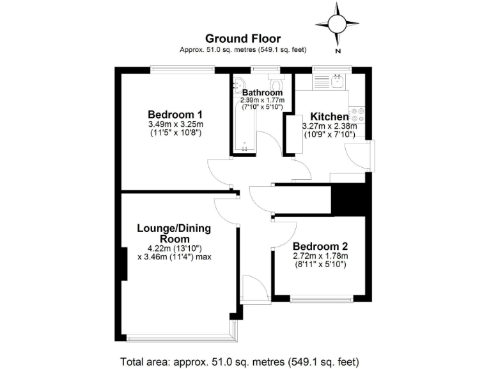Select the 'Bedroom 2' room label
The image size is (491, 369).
click(320, 246)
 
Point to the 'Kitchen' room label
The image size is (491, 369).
click(329, 117)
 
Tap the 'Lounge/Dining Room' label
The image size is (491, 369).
click(174, 233)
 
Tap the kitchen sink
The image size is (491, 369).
click(337, 81)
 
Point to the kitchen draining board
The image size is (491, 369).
click(320, 81)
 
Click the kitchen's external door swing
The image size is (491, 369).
click(357, 156)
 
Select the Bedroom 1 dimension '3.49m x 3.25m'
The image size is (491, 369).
click(175, 124)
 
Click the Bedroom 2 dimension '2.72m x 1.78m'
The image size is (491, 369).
click(320, 256)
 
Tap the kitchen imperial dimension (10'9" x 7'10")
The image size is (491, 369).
click(329, 135)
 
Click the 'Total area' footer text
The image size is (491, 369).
click(239, 360)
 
